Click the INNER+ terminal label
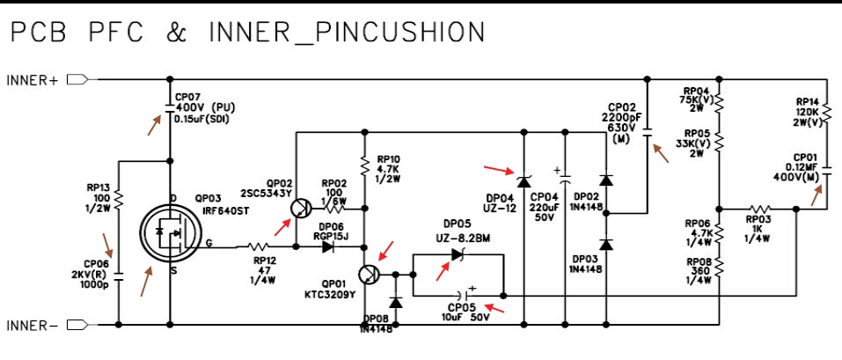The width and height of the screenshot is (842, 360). pyautogui.click(x=32, y=80)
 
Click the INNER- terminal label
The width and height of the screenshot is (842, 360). pyautogui.click(x=32, y=326)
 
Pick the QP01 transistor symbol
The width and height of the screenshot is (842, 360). pyautogui.click(x=370, y=274)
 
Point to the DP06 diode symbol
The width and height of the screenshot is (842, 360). pyautogui.click(x=328, y=247)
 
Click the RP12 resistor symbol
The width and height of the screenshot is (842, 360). pyautogui.click(x=260, y=247)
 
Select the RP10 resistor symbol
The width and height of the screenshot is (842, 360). pyautogui.click(x=363, y=165)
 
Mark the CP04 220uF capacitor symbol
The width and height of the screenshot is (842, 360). pyautogui.click(x=563, y=181)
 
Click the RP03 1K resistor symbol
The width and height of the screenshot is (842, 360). pyautogui.click(x=758, y=209)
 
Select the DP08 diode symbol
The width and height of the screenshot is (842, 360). pyautogui.click(x=395, y=302)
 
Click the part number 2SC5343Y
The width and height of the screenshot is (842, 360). pyautogui.click(x=265, y=193)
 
